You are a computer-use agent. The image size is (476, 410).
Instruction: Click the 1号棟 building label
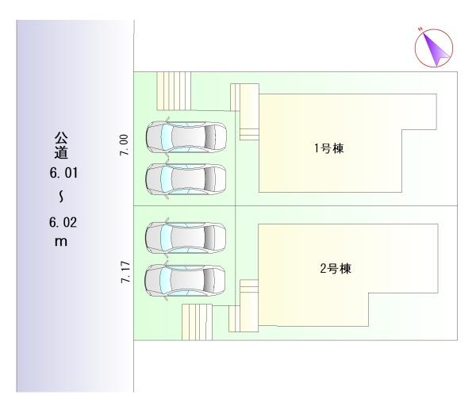point(328,148)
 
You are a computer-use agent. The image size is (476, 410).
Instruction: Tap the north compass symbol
point(434,48)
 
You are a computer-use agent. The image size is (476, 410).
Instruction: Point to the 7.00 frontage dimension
point(123,144)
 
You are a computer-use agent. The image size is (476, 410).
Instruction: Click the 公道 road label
point(58,144)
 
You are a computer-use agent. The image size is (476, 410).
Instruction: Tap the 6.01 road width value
point(58,171)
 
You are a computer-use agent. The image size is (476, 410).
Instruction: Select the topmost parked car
point(186,136)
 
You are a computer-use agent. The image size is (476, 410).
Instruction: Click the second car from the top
point(186,178)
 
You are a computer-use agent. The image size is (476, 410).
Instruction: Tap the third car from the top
point(186,236)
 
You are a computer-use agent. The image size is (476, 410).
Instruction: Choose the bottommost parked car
point(186,278)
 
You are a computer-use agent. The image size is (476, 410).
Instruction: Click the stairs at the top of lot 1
point(174,90)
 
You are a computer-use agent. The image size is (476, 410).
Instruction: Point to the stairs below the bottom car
point(198,320)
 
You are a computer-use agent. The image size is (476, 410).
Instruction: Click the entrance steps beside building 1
point(245,111)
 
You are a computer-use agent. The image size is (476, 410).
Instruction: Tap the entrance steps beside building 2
point(244,305)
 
